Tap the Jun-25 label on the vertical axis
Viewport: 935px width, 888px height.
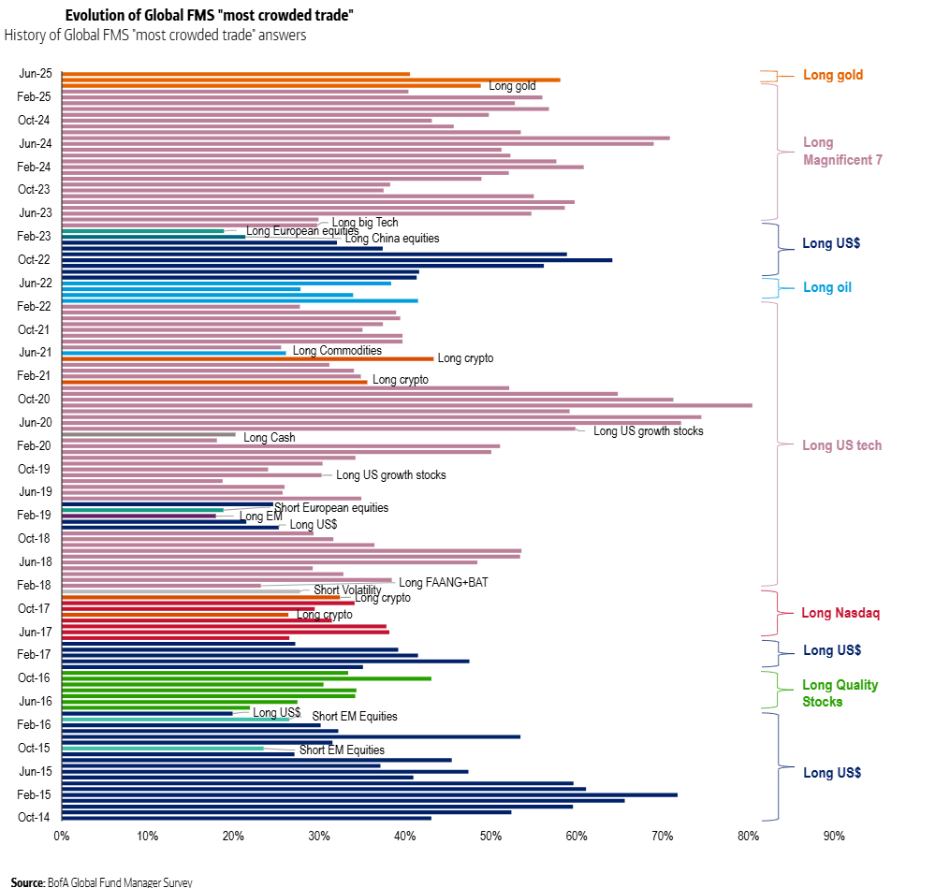[35, 74]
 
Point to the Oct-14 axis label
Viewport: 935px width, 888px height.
[35, 818]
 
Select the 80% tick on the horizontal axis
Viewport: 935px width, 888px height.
[749, 836]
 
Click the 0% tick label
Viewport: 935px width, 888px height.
[62, 836]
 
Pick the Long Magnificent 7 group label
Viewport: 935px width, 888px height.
[842, 152]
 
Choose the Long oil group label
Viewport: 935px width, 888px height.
[827, 287]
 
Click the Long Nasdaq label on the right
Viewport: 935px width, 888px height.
[840, 614]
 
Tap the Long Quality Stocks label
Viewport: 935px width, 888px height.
[840, 693]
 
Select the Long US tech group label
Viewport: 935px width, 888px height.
[841, 445]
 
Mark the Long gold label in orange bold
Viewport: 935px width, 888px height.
[833, 75]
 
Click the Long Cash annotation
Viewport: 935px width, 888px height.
[269, 438]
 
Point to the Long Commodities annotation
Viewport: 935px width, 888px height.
[337, 351]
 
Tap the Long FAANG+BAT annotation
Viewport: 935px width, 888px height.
[444, 582]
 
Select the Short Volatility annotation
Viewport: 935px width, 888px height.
[347, 590]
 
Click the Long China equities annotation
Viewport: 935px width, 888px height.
[392, 239]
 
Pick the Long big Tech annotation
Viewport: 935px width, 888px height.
[365, 223]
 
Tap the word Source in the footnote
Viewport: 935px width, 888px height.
[27, 881]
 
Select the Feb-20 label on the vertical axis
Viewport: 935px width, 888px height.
[35, 445]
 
